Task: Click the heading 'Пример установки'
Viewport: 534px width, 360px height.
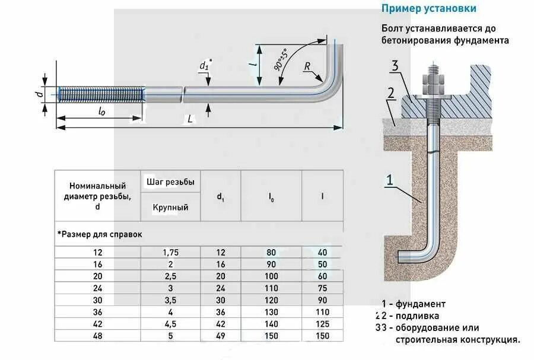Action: click(x=429, y=9)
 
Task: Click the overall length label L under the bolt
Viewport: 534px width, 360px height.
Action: click(x=190, y=119)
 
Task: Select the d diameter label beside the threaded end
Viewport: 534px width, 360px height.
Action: click(x=37, y=94)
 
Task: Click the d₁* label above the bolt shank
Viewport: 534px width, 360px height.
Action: click(x=205, y=65)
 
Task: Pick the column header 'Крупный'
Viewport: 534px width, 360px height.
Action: click(x=171, y=208)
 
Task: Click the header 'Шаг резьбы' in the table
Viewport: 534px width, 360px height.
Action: click(x=171, y=182)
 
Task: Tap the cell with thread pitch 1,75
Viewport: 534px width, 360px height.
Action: click(x=171, y=252)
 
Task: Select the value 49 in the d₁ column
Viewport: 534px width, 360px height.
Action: click(x=220, y=336)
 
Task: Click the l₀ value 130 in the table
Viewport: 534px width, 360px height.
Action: click(x=271, y=311)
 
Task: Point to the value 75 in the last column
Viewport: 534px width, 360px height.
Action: click(x=322, y=288)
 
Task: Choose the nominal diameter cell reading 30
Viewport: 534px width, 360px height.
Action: click(x=98, y=300)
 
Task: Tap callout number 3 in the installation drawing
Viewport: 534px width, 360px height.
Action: click(x=394, y=66)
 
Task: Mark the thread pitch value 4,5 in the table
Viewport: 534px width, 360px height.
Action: click(x=171, y=323)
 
